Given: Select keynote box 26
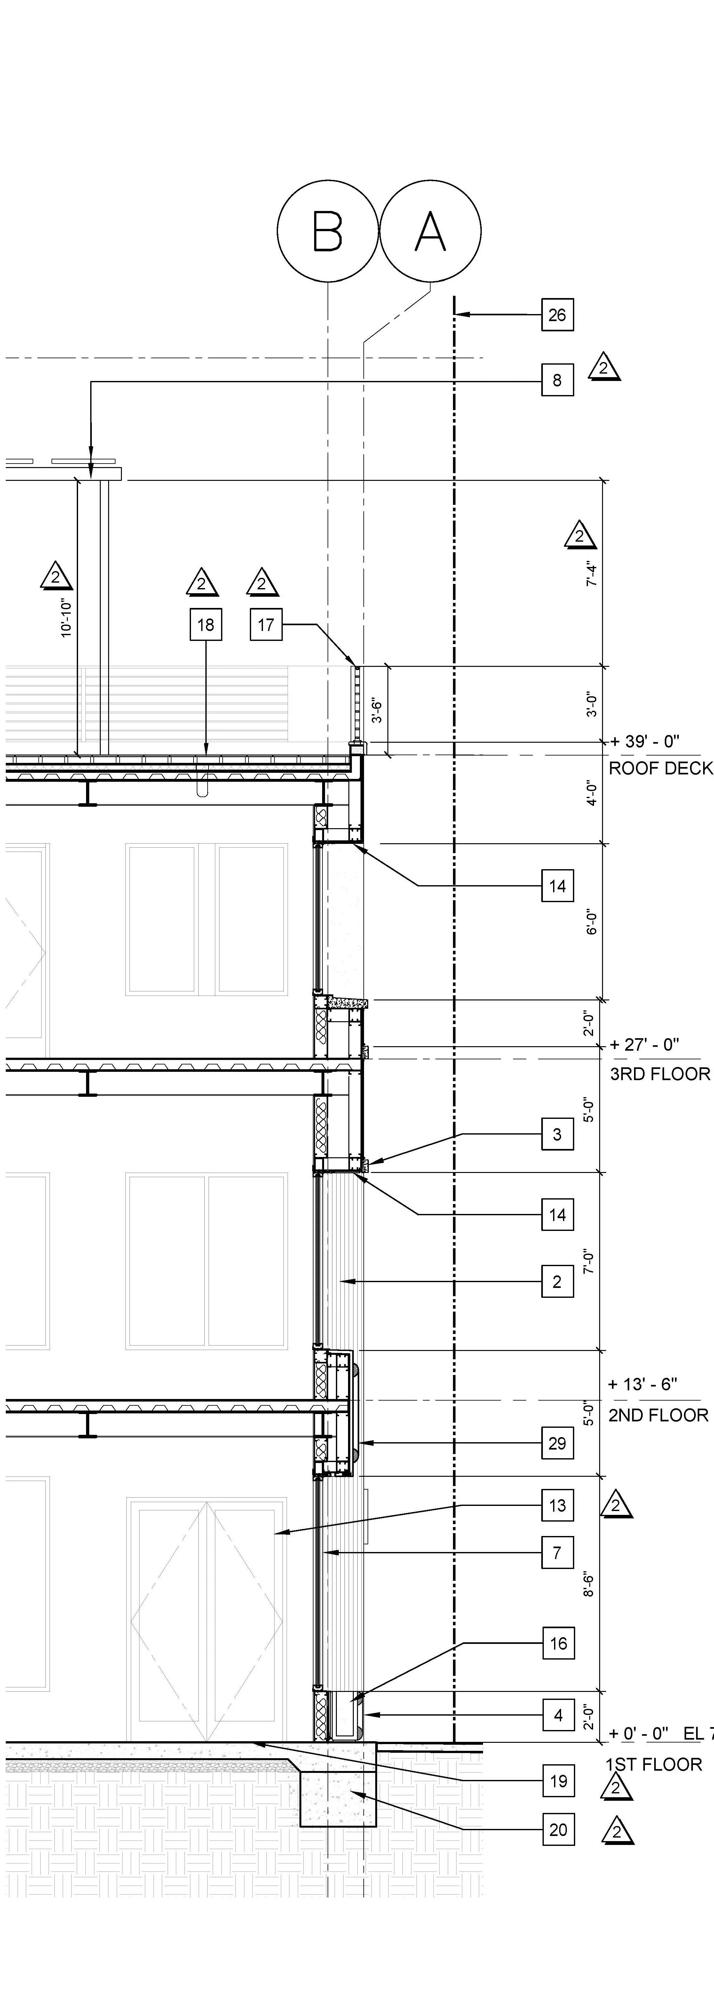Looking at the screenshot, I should pyautogui.click(x=557, y=315).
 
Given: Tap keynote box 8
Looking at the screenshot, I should pyautogui.click(x=557, y=381).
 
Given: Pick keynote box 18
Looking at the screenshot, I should pyautogui.click(x=205, y=624).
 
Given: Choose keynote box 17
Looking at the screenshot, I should pyautogui.click(x=266, y=624).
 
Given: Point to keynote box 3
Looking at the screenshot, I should pyautogui.click(x=557, y=1134).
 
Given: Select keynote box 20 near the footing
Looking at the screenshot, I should pyautogui.click(x=558, y=1829).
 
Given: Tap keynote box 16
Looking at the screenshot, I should pyautogui.click(x=558, y=1643).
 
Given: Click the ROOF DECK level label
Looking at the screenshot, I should pyautogui.click(x=660, y=768).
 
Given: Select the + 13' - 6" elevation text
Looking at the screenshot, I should pyautogui.click(x=642, y=1384).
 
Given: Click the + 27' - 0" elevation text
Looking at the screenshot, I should pyautogui.click(x=645, y=1044).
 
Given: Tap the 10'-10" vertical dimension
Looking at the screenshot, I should pyautogui.click(x=67, y=617).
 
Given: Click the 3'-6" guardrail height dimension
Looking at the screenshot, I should pyautogui.click(x=377, y=709).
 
